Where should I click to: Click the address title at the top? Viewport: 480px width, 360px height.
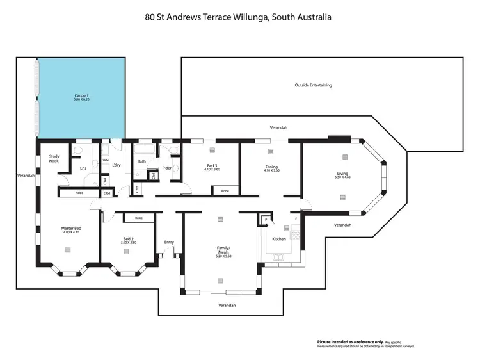[x=238, y=18]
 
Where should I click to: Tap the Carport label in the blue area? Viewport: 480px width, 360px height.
[x=81, y=96]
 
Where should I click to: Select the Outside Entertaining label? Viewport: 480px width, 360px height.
[x=313, y=85]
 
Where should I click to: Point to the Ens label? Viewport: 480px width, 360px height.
[x=83, y=168]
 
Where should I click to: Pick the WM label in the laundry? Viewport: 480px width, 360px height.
[x=106, y=160]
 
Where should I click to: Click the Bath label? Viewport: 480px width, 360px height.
[x=141, y=161]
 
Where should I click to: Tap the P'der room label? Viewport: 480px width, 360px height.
[x=166, y=168]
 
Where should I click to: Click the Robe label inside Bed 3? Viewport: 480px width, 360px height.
[x=225, y=191]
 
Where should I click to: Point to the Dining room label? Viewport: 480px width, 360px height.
[x=271, y=167]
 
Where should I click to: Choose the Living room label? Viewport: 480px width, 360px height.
[x=343, y=173]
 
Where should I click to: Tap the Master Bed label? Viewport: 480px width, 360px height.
[x=71, y=229]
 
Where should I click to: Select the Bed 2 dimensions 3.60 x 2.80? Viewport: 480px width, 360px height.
[x=128, y=243]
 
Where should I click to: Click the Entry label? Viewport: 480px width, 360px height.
[x=169, y=242]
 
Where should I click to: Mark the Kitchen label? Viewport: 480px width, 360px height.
[x=279, y=239]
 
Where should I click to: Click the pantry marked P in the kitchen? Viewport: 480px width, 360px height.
[x=265, y=220]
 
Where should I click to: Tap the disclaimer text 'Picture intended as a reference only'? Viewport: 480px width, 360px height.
[x=346, y=342]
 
